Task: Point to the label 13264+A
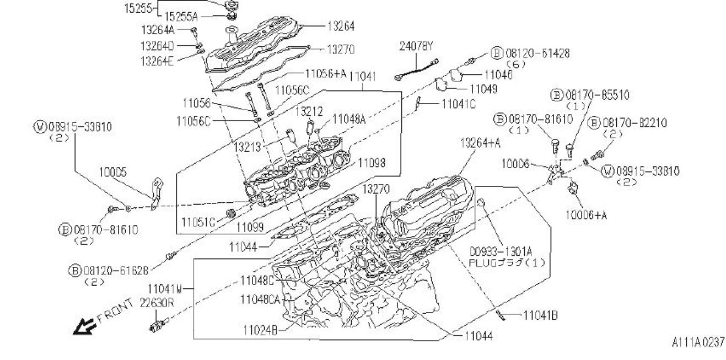click(x=480, y=143)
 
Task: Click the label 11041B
click(x=540, y=315)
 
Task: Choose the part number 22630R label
click(x=157, y=303)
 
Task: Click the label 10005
click(x=113, y=173)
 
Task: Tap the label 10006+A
click(x=586, y=215)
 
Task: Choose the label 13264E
click(x=157, y=61)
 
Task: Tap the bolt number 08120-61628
click(x=116, y=270)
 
